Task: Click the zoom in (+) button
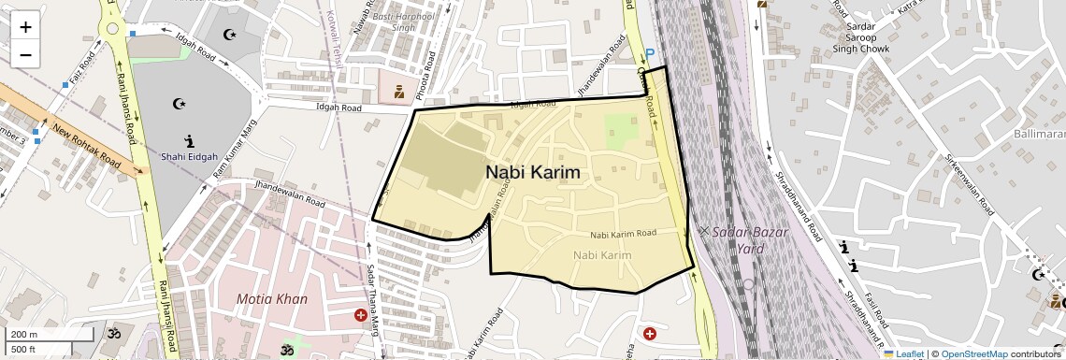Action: coord(25,26)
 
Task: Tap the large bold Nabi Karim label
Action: coord(532,173)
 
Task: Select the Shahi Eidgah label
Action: coord(189,156)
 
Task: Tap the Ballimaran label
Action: coord(1039,135)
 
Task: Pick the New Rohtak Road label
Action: coord(86,145)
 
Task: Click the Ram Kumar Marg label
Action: coord(235,154)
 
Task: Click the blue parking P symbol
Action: coord(650,54)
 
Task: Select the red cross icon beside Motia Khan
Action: coord(360,316)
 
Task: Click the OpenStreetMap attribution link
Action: coord(974,353)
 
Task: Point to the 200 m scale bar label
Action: coord(24,334)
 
